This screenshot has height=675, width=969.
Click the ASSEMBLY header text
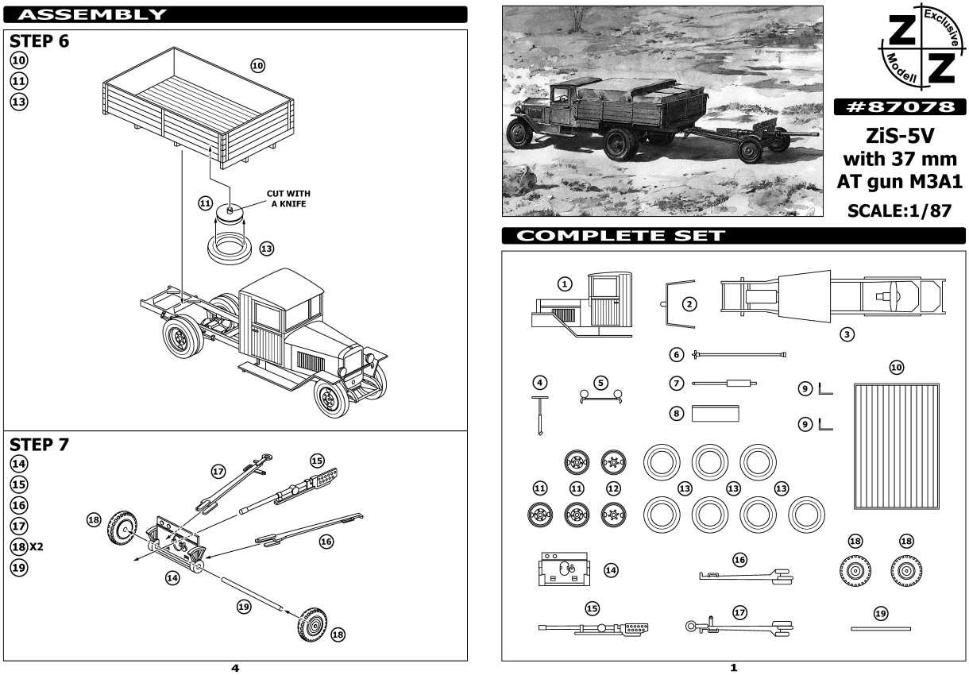92,14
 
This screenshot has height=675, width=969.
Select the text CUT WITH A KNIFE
288,199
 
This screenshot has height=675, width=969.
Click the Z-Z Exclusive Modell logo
921,50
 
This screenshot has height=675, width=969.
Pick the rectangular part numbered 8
716,413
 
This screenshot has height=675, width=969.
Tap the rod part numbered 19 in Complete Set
880,628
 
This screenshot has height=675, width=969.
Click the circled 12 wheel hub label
612,488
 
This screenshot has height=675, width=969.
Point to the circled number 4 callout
540,383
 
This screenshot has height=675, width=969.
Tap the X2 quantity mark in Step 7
37,547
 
